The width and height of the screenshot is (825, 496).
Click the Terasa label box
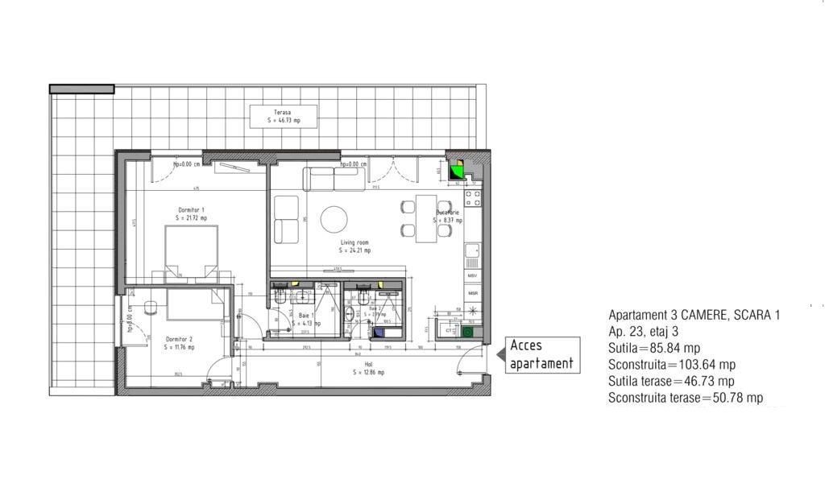click(x=282, y=116)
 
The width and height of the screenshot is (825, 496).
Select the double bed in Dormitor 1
click(x=192, y=252)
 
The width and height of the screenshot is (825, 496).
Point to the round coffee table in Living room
click(x=334, y=219)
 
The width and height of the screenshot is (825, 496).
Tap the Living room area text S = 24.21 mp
click(x=354, y=250)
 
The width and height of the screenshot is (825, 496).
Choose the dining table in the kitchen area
click(x=426, y=217)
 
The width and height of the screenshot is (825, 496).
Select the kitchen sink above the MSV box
click(x=473, y=256)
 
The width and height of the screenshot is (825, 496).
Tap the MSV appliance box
click(x=473, y=276)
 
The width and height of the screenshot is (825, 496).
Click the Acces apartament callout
click(x=542, y=354)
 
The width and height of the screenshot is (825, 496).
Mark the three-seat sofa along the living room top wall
click(x=334, y=179)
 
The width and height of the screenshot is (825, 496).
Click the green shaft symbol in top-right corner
click(x=457, y=170)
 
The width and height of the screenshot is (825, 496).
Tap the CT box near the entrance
click(x=449, y=330)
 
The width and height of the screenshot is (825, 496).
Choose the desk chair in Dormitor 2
click(x=150, y=307)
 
